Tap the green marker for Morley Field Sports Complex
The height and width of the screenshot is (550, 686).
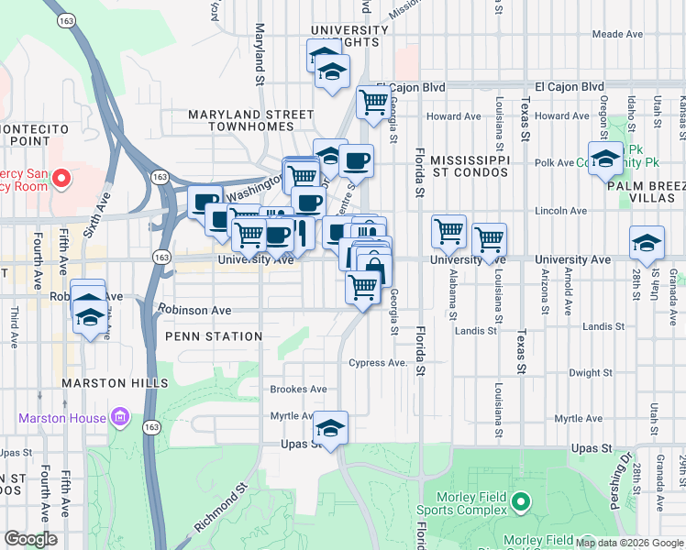point(521,501)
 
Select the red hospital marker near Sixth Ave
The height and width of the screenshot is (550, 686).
point(62,177)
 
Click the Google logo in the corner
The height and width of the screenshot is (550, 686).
point(30,539)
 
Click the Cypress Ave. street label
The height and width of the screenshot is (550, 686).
point(377,363)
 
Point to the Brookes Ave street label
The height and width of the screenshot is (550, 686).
point(298,390)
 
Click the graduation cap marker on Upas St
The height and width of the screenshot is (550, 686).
point(330,427)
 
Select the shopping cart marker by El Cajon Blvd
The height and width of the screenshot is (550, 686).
point(373,103)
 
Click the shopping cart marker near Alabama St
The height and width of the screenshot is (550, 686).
point(448,232)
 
